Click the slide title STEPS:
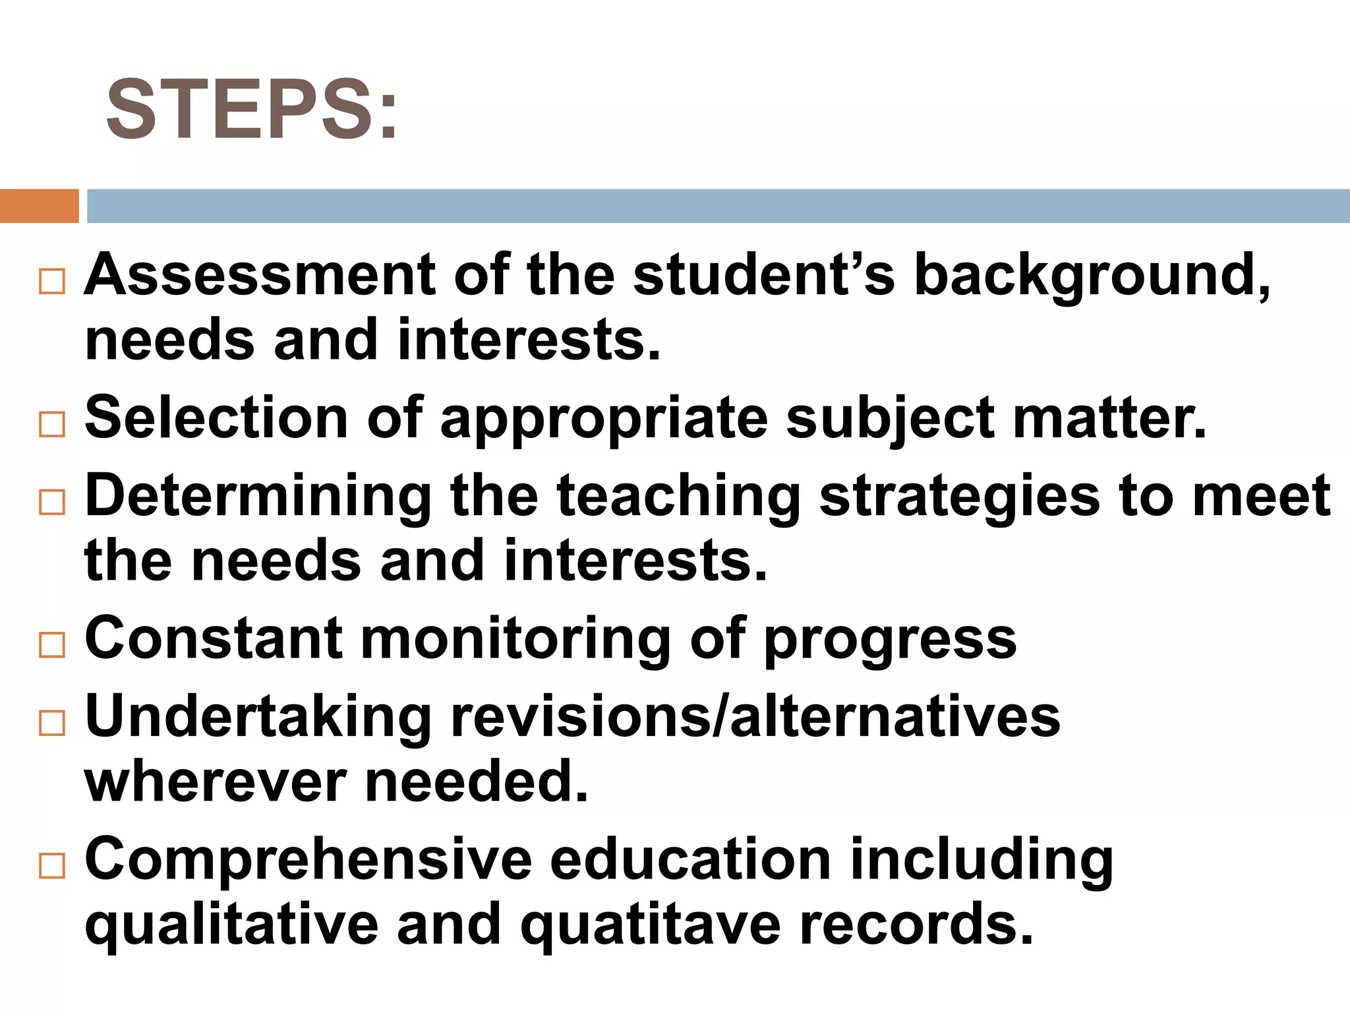(252, 109)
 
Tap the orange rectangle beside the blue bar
(39, 206)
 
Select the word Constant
(214, 638)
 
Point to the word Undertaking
(258, 718)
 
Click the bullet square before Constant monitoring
(52, 644)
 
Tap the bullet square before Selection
(52, 424)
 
